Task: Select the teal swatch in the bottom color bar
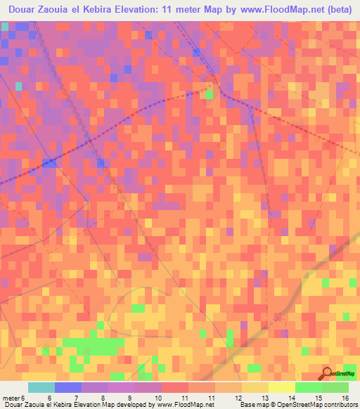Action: [x=41, y=387]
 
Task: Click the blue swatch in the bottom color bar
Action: [x=68, y=387]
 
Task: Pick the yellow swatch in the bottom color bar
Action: [x=282, y=387]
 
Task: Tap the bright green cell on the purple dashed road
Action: [x=210, y=93]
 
